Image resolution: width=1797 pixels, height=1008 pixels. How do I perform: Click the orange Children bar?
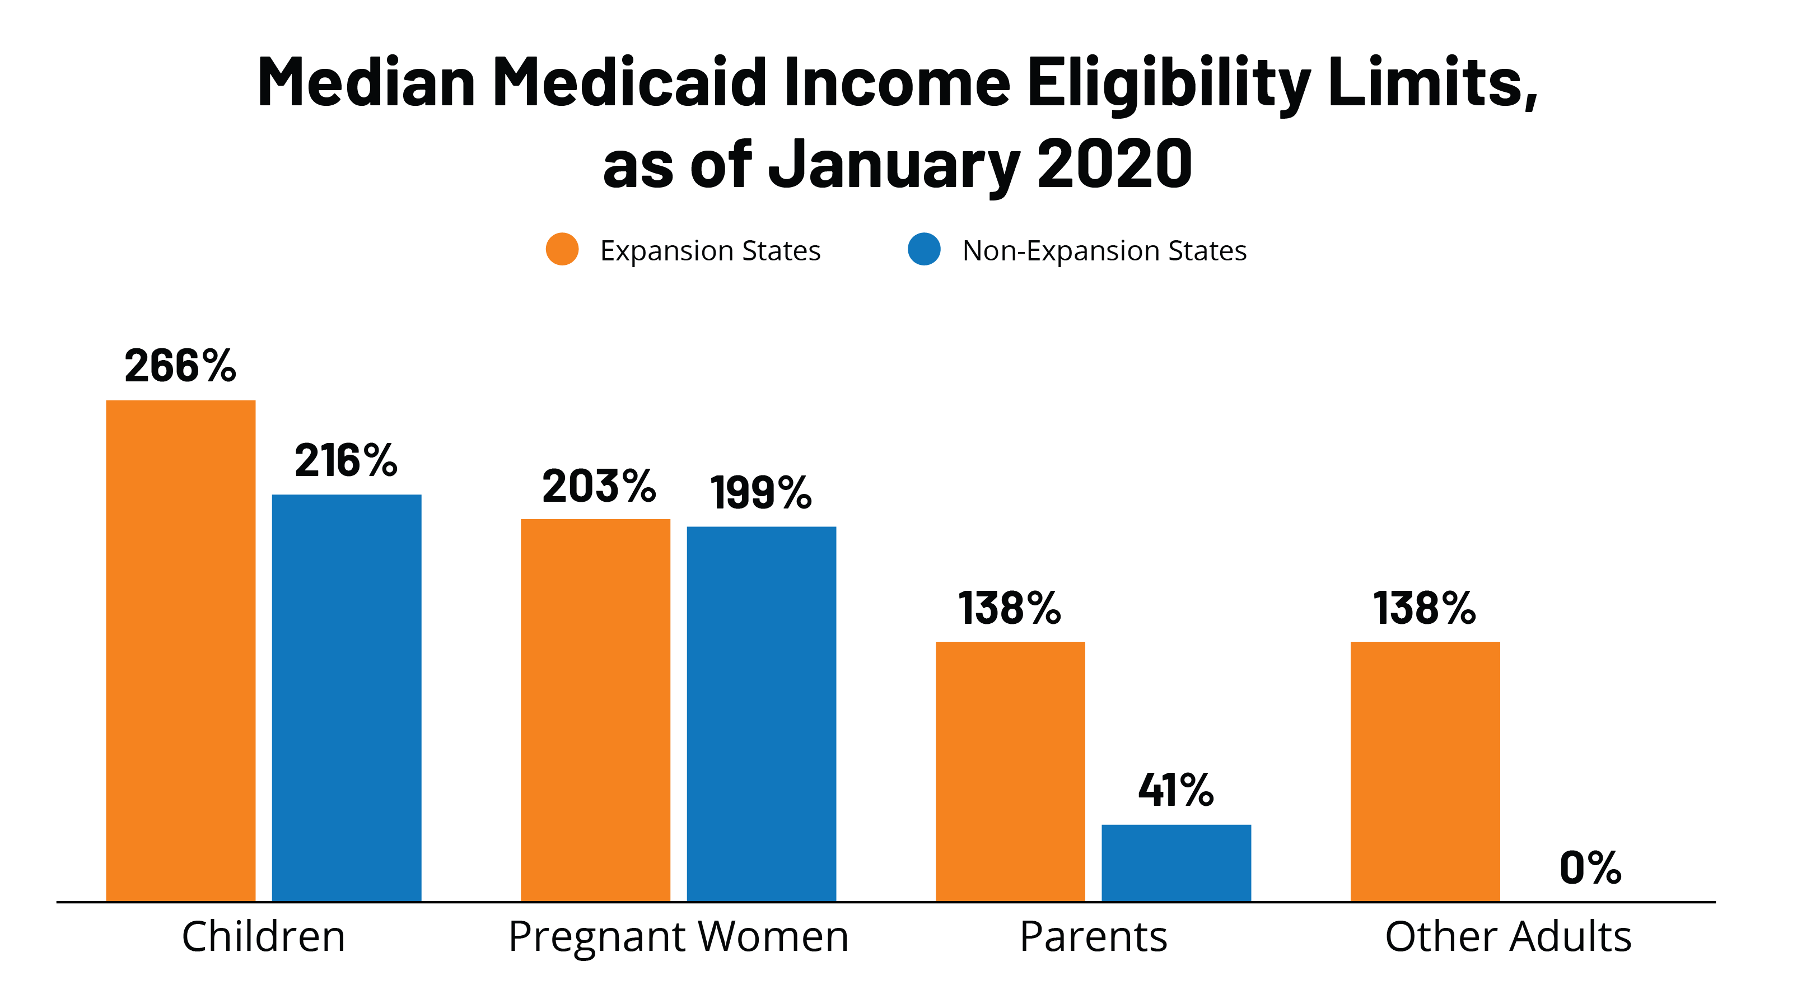pyautogui.click(x=181, y=650)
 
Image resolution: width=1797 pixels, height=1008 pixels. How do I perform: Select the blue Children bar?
pyautogui.click(x=347, y=698)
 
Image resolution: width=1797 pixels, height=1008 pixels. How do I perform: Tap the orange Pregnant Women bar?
pyautogui.click(x=595, y=710)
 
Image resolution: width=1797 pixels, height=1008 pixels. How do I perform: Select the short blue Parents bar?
pyautogui.click(x=1176, y=863)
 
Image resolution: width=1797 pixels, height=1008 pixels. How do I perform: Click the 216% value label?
pyautogui.click(x=346, y=460)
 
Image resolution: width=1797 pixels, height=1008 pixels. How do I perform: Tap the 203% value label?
pyautogui.click(x=599, y=486)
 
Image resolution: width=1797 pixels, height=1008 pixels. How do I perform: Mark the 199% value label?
pyautogui.click(x=761, y=492)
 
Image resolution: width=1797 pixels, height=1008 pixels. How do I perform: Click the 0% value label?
pyautogui.click(x=1590, y=868)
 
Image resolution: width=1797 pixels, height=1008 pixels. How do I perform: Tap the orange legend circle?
pyautogui.click(x=562, y=249)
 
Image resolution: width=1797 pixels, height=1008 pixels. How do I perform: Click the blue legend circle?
pyautogui.click(x=925, y=249)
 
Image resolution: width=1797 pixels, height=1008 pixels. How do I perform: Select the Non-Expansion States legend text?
pyautogui.click(x=1104, y=250)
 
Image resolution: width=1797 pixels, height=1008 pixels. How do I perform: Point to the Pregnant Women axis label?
pyautogui.click(x=678, y=937)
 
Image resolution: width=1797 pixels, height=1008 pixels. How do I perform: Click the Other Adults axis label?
pyautogui.click(x=1508, y=937)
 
